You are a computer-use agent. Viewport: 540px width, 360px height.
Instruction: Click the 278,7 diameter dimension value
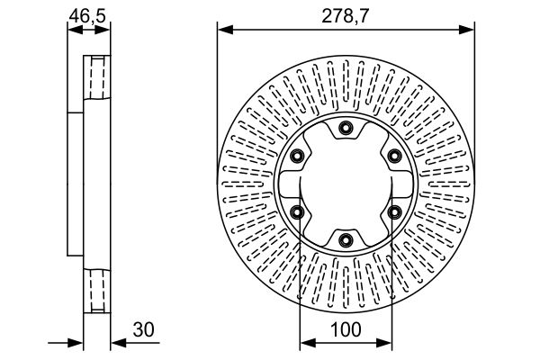point(346,16)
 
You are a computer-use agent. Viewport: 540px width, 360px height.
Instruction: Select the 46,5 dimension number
point(87,16)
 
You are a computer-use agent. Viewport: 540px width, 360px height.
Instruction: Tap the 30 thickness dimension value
point(144,329)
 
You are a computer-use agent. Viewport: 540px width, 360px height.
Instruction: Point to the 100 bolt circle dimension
point(346,329)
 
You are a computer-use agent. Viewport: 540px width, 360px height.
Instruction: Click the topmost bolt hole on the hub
point(346,128)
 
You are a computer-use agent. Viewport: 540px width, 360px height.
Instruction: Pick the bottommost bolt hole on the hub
point(346,239)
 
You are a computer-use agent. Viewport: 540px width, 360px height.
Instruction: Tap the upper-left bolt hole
point(297,156)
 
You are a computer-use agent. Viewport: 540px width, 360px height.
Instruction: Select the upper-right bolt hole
point(394,156)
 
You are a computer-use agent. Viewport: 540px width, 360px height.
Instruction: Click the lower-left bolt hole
point(297,211)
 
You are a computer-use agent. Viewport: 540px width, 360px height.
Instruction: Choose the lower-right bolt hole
point(394,211)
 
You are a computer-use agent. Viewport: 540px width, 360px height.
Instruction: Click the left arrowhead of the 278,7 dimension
point(226,30)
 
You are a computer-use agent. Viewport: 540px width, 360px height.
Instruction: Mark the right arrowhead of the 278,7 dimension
point(466,30)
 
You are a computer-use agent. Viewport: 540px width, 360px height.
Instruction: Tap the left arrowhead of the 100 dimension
point(308,343)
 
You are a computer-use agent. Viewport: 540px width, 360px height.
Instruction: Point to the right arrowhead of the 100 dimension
point(384,343)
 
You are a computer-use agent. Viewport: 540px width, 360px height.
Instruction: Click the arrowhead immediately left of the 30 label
point(119,343)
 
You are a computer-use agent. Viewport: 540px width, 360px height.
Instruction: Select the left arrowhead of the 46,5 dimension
point(76,30)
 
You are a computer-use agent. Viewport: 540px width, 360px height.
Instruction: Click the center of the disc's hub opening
point(346,184)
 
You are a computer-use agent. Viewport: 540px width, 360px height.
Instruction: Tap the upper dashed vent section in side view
point(97,78)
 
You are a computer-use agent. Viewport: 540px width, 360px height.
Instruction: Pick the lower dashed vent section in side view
point(97,290)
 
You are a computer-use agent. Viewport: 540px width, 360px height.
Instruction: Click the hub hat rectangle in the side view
point(76,184)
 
